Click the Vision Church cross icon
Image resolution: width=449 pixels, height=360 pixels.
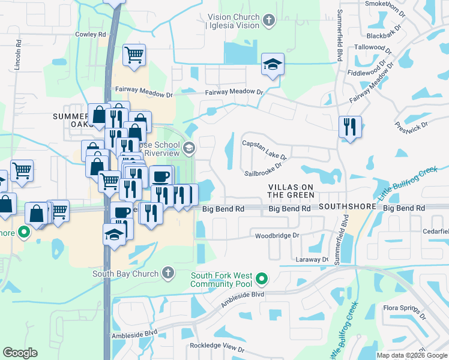pos(268,21)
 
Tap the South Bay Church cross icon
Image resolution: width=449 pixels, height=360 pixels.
pos(168,274)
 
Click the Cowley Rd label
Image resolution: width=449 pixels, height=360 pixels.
pos(91,34)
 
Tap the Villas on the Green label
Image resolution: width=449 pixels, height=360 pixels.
pos(291,191)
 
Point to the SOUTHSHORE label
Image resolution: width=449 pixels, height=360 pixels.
pos(348,206)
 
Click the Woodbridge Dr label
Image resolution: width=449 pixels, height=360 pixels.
pos(277,236)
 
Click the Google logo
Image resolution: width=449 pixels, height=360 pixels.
pos(20,353)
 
